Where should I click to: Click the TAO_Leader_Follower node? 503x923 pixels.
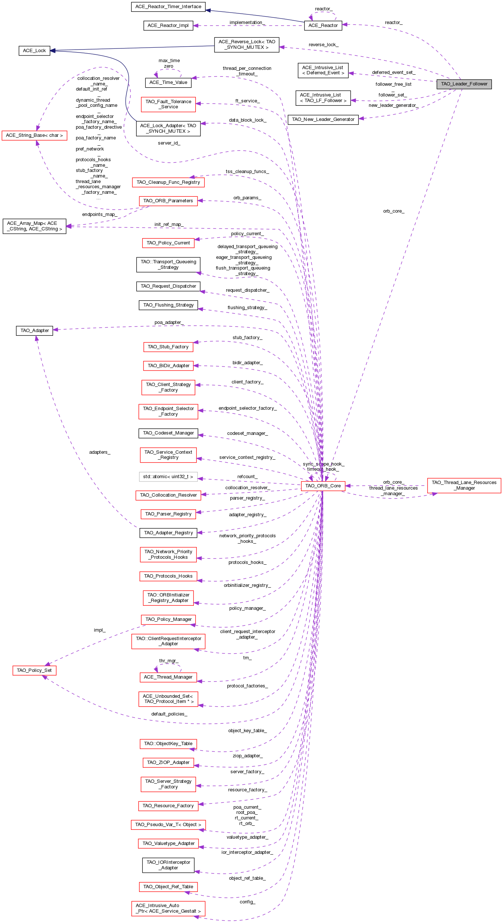pyautogui.click(x=464, y=84)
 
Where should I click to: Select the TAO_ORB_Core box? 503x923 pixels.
pyautogui.click(x=323, y=486)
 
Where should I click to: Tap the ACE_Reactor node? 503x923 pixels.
pyautogui.click(x=323, y=26)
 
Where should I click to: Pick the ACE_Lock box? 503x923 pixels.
pyautogui.click(x=34, y=51)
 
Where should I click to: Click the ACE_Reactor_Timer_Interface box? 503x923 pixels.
pyautogui.click(x=168, y=7)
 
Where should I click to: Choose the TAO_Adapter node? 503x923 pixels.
pyautogui.click(x=35, y=331)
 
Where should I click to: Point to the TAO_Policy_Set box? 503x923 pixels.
pyautogui.click(x=34, y=670)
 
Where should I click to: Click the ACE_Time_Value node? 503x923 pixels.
pyautogui.click(x=168, y=82)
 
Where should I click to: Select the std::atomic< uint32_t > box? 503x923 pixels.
pyautogui.click(x=168, y=477)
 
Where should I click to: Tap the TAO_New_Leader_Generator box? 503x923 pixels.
pyautogui.click(x=323, y=119)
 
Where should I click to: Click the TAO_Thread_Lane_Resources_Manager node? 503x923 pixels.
pyautogui.click(x=464, y=485)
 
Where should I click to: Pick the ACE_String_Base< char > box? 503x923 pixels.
pyautogui.click(x=34, y=135)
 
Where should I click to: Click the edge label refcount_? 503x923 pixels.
pyautogui.click(x=247, y=477)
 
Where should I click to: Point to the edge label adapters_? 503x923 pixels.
pyautogui.click(x=99, y=452)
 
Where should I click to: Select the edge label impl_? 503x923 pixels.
pyautogui.click(x=99, y=630)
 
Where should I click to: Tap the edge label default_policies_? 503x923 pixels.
pyautogui.click(x=169, y=714)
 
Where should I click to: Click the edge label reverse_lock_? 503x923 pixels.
pyautogui.click(x=323, y=45)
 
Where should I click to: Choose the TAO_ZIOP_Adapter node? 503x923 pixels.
pyautogui.click(x=168, y=763)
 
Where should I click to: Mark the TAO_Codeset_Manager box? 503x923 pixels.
pyautogui.click(x=168, y=433)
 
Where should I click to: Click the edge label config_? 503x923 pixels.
pyautogui.click(x=247, y=902)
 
